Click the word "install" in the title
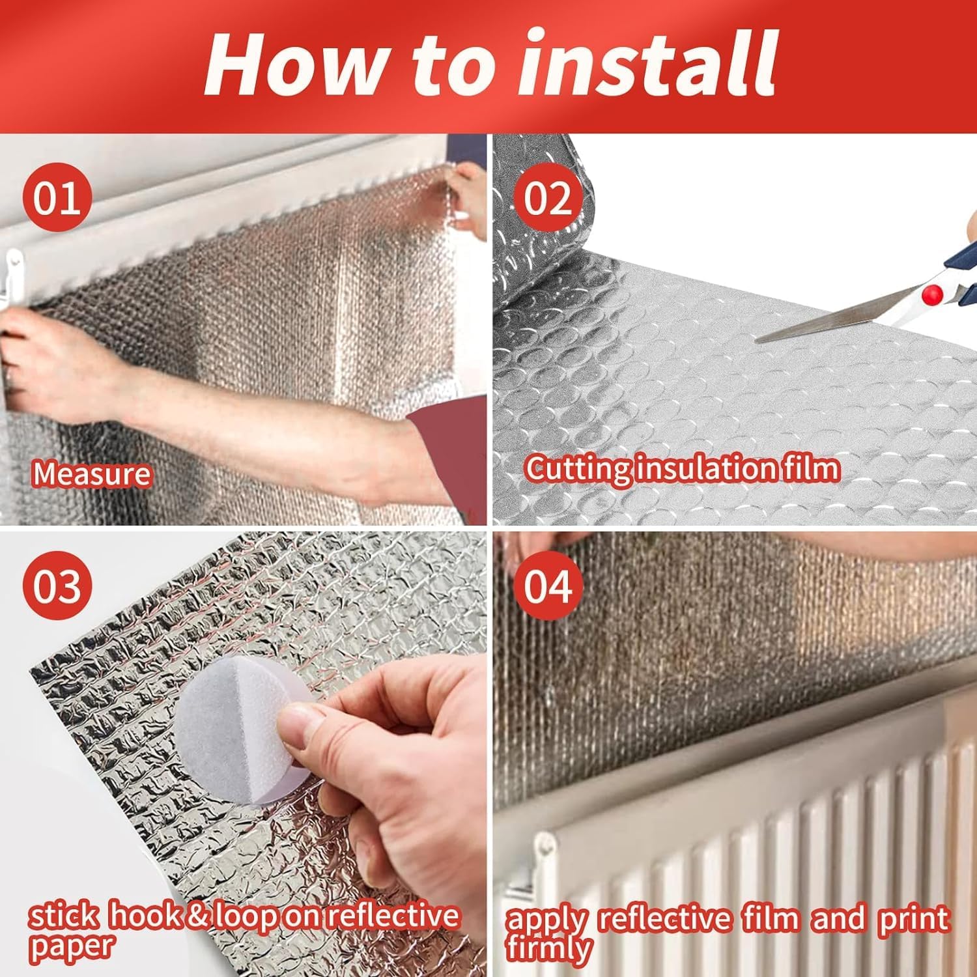pyautogui.click(x=648, y=64)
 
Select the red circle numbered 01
pyautogui.click(x=57, y=197)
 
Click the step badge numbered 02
pyautogui.click(x=547, y=197)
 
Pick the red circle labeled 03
pyautogui.click(x=57, y=586)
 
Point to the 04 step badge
pyautogui.click(x=547, y=586)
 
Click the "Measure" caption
pyautogui.click(x=92, y=474)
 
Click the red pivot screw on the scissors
pyautogui.click(x=933, y=293)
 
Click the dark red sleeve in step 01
pyautogui.click(x=449, y=456)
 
